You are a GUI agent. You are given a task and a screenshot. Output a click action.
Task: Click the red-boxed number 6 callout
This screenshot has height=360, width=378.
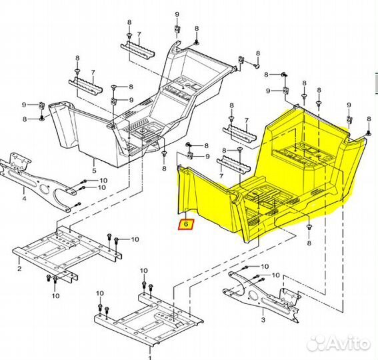(x=186, y=225)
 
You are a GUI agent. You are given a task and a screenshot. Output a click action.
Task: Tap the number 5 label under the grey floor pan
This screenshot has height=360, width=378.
(x=94, y=171)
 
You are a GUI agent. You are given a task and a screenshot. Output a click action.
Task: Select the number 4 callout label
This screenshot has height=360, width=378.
(x=24, y=199)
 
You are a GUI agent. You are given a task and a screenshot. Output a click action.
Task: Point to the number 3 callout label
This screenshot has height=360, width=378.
(x=263, y=320)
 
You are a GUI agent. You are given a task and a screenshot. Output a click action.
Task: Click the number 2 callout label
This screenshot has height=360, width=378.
(x=19, y=269)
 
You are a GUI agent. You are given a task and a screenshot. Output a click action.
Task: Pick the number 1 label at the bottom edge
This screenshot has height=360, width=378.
(x=149, y=357)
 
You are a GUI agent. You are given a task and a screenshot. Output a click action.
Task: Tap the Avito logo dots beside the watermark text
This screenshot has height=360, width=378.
(x=317, y=343)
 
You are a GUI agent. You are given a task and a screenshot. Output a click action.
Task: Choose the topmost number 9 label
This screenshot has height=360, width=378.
(x=177, y=14)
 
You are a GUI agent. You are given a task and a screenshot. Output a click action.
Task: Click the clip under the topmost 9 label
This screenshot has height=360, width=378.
(x=177, y=29)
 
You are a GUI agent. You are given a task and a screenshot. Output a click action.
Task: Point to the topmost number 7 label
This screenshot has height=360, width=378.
(x=139, y=34)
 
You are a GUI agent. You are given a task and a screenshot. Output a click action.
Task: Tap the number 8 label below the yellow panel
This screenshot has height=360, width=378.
(x=309, y=243)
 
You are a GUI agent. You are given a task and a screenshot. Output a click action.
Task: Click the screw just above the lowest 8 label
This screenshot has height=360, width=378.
(x=309, y=227)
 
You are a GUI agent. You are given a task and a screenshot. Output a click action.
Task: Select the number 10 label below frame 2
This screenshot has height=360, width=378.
(x=55, y=295)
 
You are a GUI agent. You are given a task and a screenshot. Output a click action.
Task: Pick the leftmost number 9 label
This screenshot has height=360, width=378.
(x=24, y=105)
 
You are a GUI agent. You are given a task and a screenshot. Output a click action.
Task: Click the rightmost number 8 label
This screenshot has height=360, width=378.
(x=369, y=119)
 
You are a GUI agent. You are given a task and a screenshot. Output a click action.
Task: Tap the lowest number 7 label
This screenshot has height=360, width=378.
(x=221, y=176)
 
